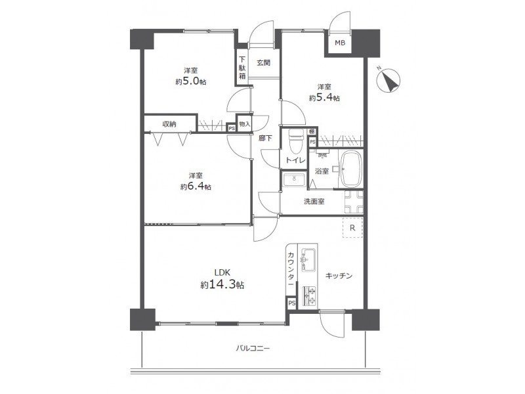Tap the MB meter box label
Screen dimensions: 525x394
340,43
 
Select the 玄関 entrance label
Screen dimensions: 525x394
264,62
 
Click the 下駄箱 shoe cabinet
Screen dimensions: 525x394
241,68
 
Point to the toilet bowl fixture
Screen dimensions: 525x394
296,141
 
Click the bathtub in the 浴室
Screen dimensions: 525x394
350,169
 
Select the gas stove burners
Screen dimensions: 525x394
309,297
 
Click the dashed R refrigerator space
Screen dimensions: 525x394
352,228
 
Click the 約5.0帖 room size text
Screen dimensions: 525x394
190,81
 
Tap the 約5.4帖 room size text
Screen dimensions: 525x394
324,98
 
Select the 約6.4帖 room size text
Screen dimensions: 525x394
196,186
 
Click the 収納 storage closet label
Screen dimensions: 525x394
169,124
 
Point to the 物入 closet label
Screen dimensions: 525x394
245,124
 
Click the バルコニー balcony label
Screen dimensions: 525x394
253,349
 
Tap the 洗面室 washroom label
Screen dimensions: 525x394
314,202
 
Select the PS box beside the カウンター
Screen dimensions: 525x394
291,303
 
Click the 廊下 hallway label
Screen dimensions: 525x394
265,138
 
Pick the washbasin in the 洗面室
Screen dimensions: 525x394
294,179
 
